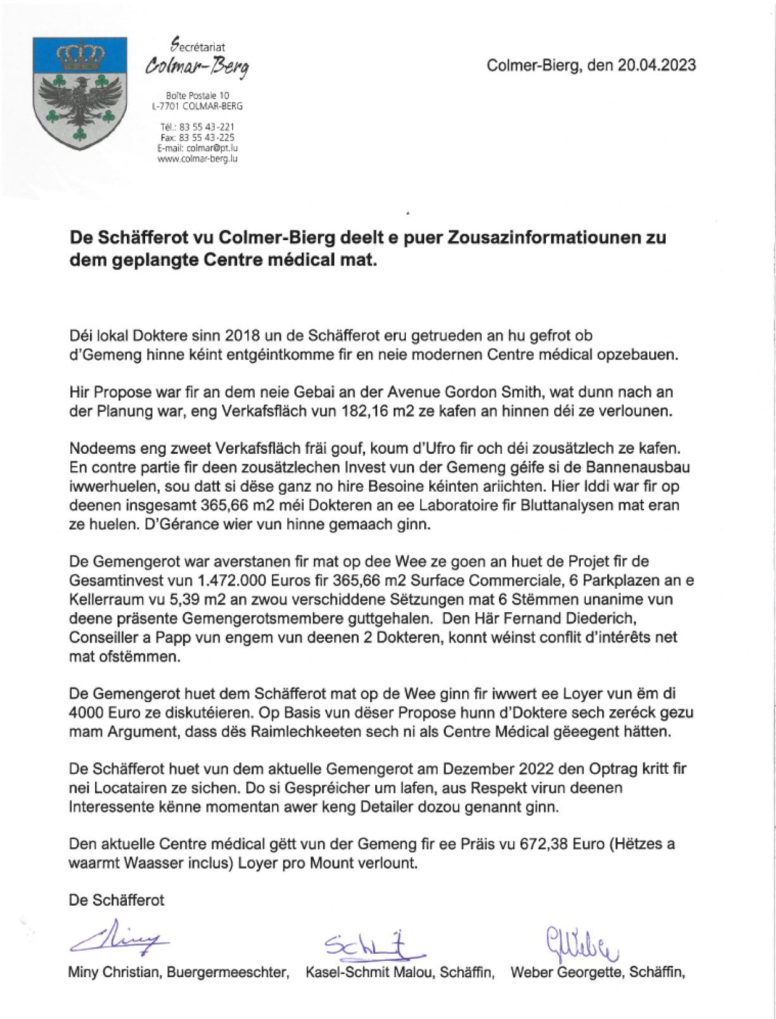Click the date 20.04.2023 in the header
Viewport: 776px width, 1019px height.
[x=656, y=65]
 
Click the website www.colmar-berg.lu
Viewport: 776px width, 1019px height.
[x=197, y=158]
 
